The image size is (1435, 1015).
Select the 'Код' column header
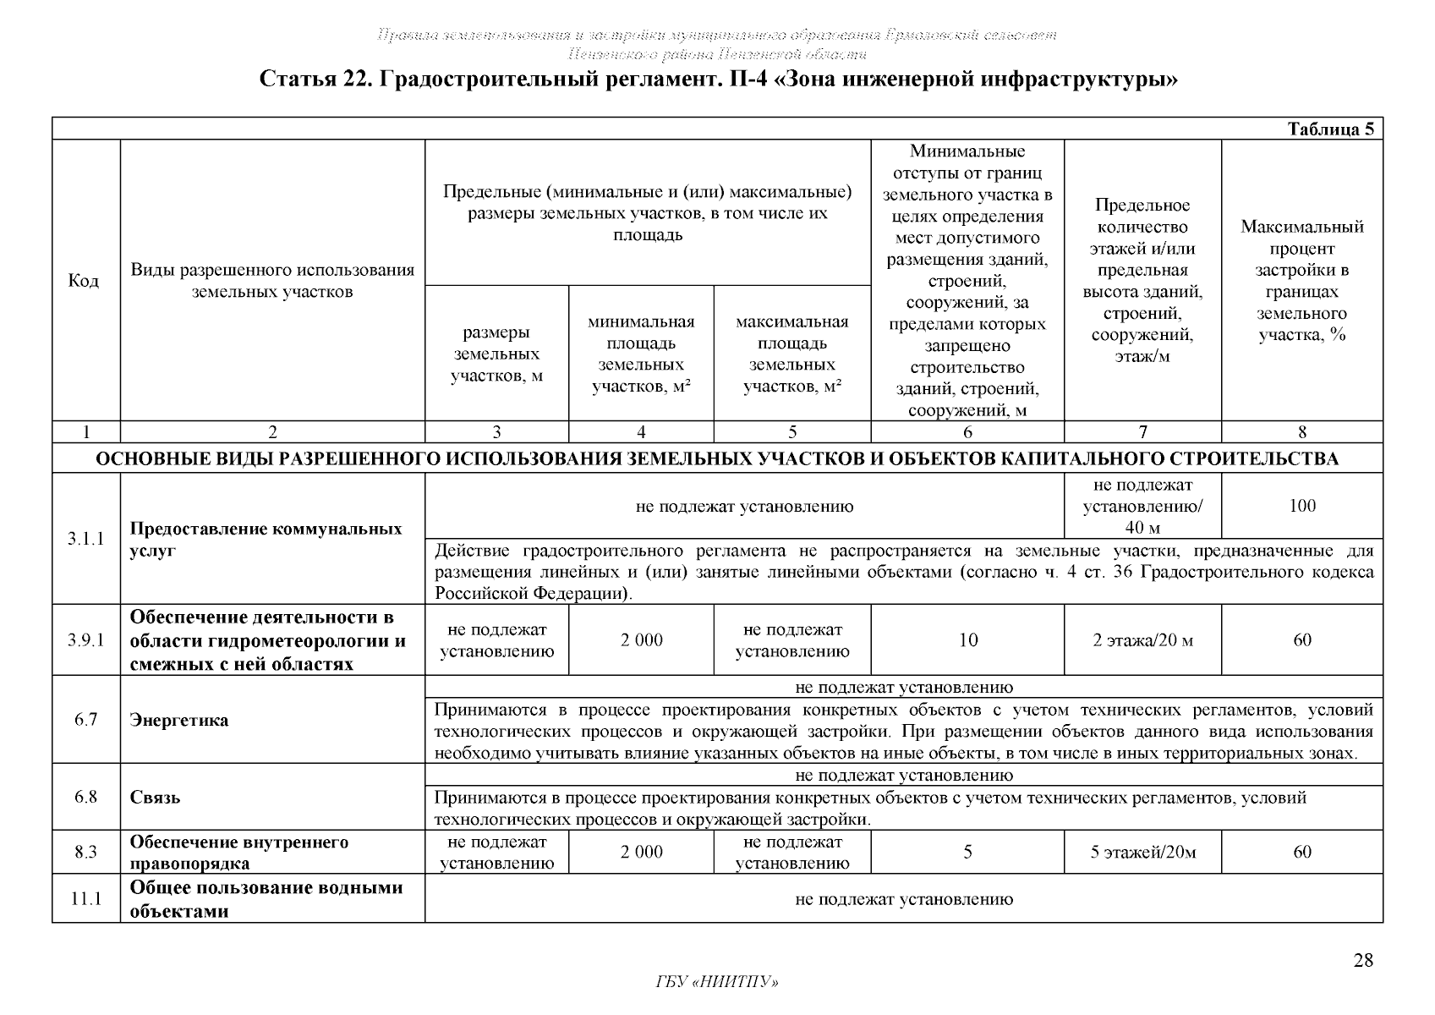tap(84, 281)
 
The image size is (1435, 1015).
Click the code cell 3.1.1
tap(86, 539)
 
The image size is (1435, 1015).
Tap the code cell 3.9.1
tap(86, 640)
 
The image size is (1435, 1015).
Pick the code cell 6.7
tap(86, 720)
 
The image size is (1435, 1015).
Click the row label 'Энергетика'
tap(179, 721)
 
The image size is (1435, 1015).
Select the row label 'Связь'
tap(156, 797)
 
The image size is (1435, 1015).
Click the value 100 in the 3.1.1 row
tap(1301, 506)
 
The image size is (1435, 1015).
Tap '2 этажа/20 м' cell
tap(1142, 640)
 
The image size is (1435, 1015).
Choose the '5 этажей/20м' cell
tap(1142, 852)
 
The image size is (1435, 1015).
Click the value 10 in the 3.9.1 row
tap(967, 640)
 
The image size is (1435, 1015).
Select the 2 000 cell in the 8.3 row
tap(641, 852)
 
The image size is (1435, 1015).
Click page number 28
tap(1362, 960)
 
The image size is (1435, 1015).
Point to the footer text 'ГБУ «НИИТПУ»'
tap(717, 982)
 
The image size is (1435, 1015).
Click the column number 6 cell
tap(967, 432)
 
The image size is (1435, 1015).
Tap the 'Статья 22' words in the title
tap(312, 80)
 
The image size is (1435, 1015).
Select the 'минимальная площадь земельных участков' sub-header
tap(641, 354)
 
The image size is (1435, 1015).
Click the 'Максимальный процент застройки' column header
tap(1301, 281)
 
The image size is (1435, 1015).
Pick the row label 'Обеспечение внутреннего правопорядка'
tap(239, 853)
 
